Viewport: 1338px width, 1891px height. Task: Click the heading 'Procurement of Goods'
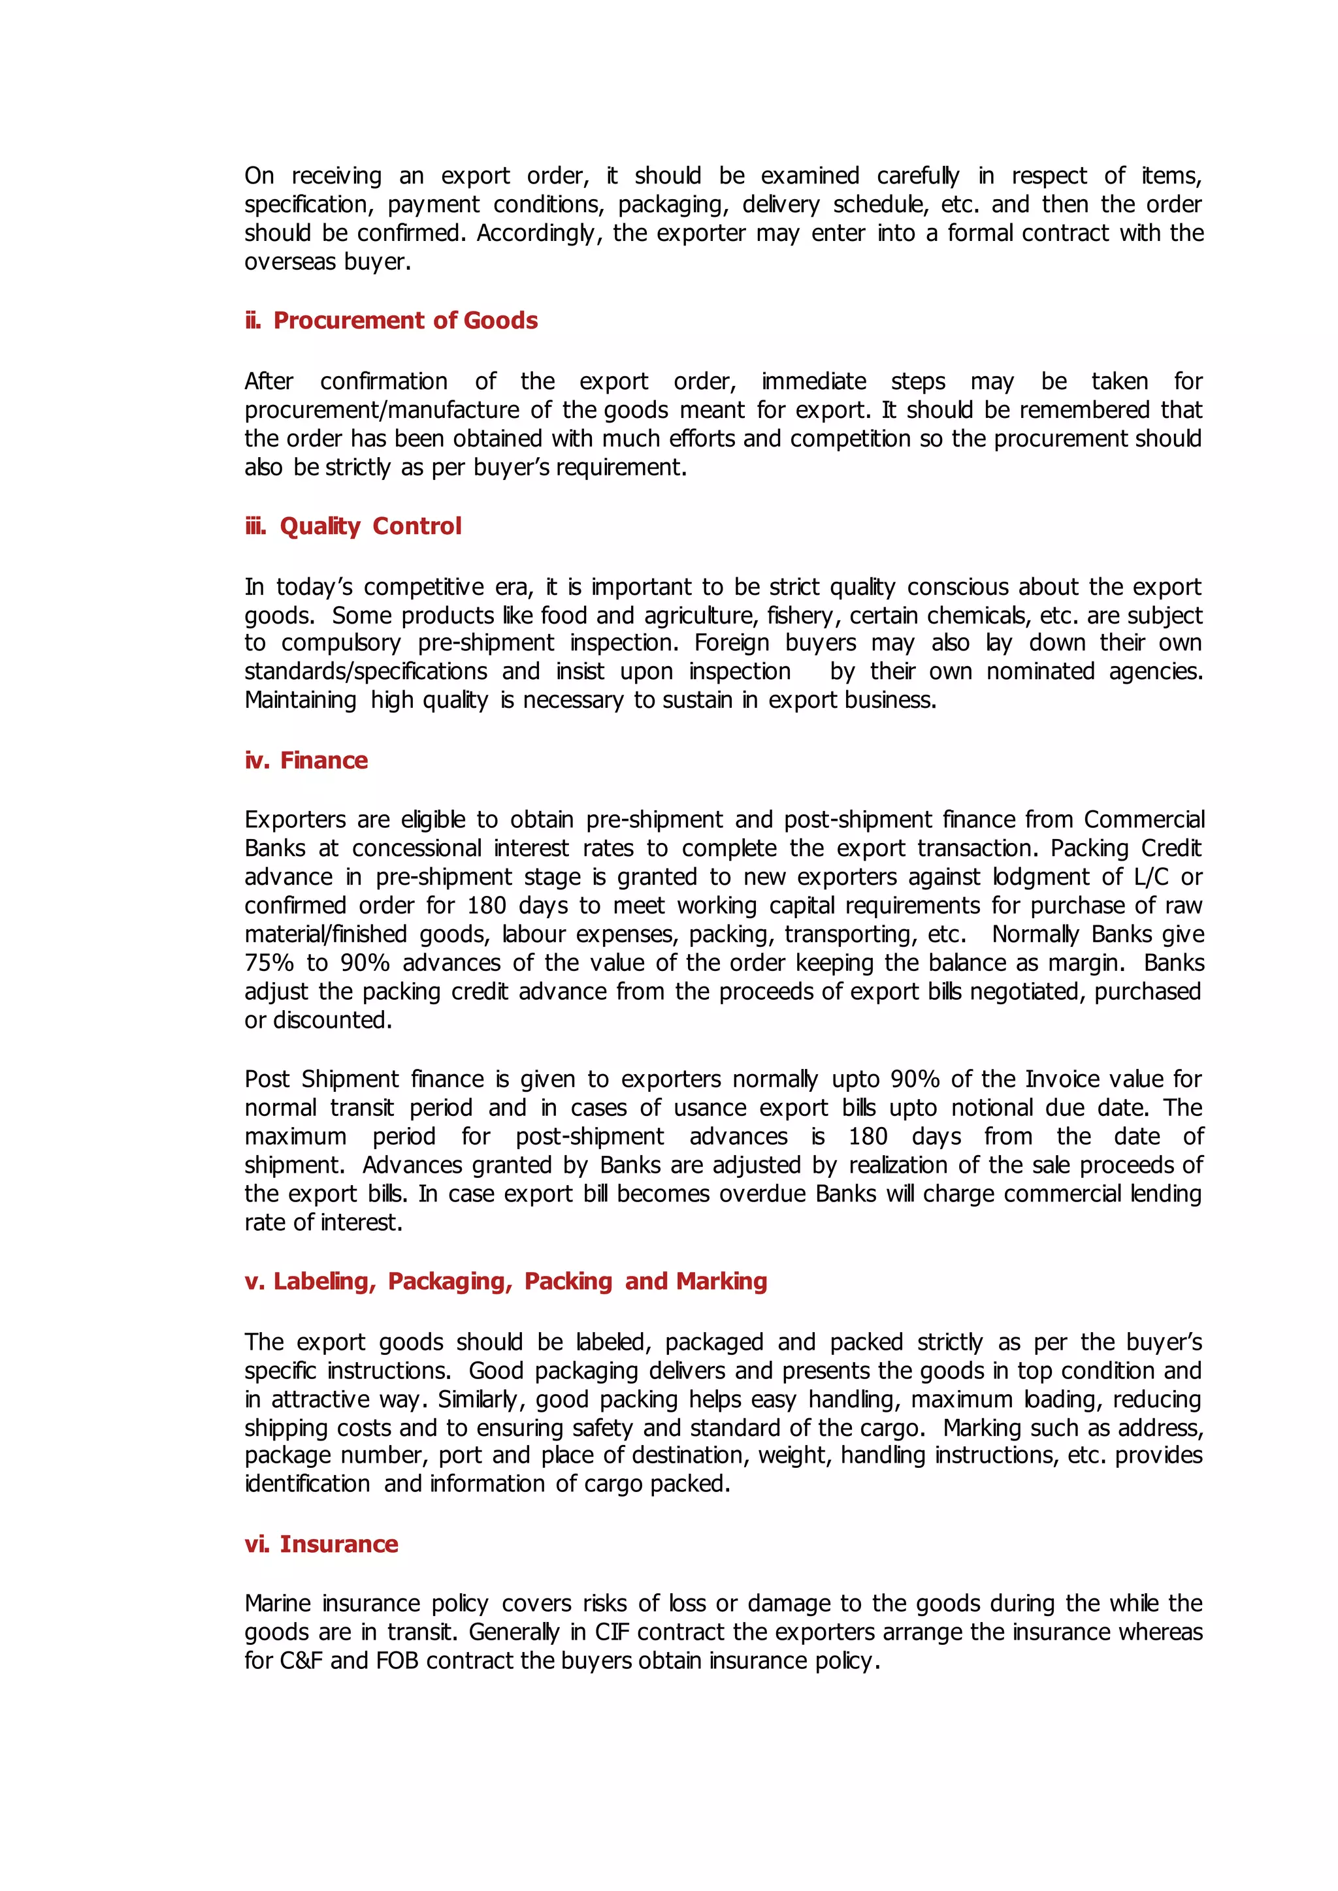[x=404, y=321]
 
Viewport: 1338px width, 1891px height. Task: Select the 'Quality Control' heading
[x=370, y=526]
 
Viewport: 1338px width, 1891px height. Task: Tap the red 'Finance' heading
[x=324, y=760]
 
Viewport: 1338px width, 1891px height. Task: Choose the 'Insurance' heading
[x=338, y=1544]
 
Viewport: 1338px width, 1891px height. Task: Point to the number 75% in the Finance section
[x=269, y=962]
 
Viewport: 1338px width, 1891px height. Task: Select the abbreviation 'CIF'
[x=612, y=1632]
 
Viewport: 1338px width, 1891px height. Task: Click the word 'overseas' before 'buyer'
[x=290, y=262]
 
